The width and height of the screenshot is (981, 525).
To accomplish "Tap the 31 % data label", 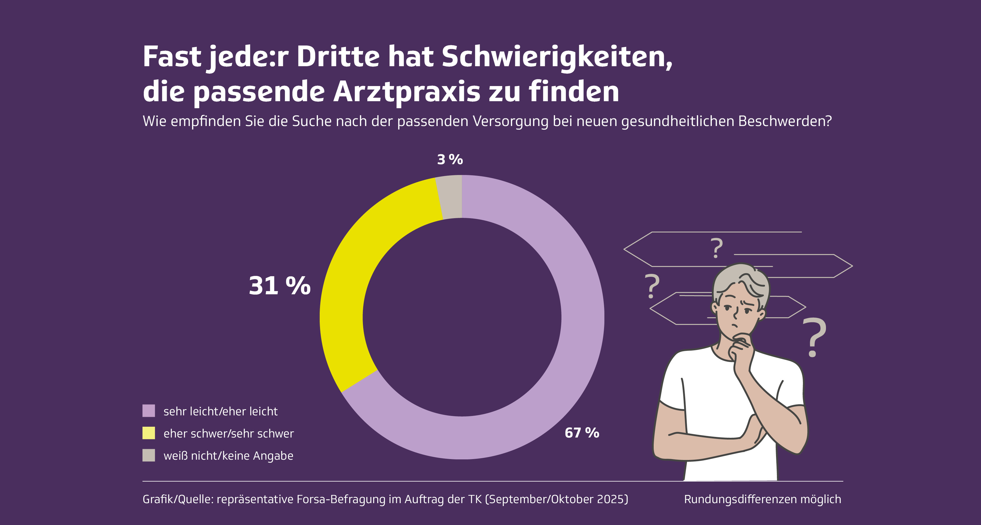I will (279, 286).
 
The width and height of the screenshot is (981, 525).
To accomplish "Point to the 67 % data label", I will (582, 433).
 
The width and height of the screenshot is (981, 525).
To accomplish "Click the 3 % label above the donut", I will (450, 160).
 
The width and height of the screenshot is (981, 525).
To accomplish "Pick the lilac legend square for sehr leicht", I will (149, 411).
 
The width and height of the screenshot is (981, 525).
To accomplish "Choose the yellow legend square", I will (149, 433).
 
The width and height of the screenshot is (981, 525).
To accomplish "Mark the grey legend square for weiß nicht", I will (149, 455).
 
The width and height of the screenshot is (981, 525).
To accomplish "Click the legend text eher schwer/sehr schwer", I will (229, 434).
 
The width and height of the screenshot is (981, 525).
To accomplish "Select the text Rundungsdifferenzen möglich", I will (762, 499).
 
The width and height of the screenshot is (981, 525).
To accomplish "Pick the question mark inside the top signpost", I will (716, 248).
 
